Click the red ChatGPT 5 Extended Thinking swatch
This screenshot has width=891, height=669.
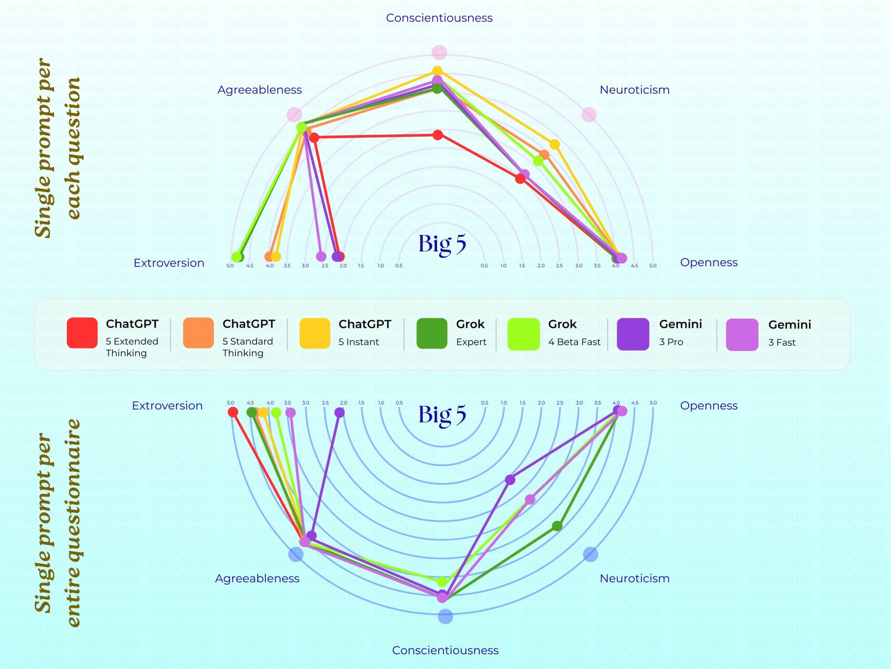[82, 333]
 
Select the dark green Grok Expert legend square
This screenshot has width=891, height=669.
[432, 333]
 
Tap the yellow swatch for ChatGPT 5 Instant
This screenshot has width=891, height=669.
[315, 333]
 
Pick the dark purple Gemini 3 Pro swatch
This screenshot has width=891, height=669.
[633, 334]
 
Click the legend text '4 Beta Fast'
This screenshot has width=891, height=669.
[574, 342]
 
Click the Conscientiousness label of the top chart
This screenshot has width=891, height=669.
[439, 18]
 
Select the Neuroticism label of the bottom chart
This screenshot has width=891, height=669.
[634, 578]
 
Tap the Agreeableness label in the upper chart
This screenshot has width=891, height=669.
[259, 90]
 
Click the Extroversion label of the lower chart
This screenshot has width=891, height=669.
[167, 406]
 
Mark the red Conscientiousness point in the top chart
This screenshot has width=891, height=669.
[438, 135]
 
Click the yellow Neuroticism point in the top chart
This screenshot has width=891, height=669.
[555, 144]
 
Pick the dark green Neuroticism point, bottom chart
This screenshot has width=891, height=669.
[557, 526]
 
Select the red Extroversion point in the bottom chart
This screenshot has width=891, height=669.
[233, 412]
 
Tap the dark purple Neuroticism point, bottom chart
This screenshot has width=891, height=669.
[510, 479]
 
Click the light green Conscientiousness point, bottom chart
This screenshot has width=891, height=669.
[442, 581]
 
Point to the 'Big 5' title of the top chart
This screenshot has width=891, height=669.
[442, 244]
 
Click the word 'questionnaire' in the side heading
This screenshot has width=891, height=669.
[73, 523]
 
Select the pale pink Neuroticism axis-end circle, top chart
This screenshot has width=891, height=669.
[589, 114]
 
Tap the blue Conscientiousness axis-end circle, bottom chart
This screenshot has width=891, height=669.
[445, 617]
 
